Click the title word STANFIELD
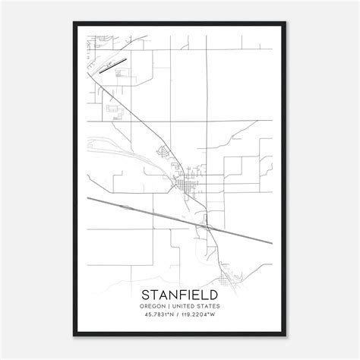pyautogui.click(x=180, y=294)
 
